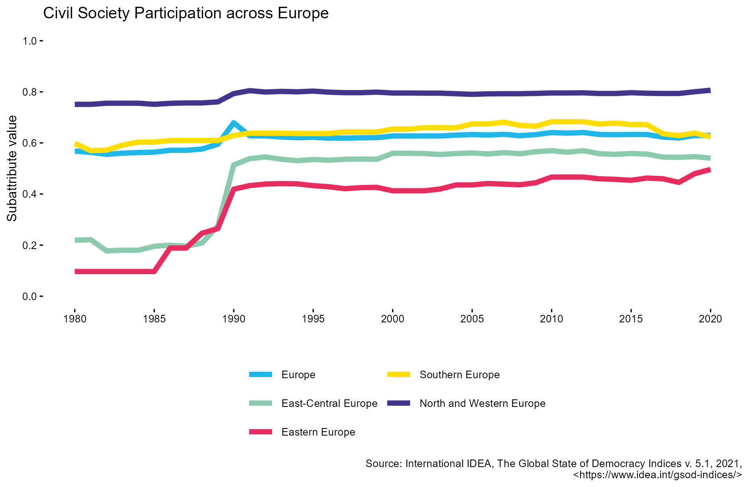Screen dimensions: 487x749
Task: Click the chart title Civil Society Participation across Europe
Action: pyautogui.click(x=186, y=13)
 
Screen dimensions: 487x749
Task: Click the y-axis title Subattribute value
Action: pyautogui.click(x=12, y=168)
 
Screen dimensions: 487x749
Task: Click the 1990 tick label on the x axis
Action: pyautogui.click(x=234, y=319)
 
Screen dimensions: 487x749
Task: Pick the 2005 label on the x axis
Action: pyautogui.click(x=472, y=319)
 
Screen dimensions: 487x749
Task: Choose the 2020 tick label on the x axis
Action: pyautogui.click(x=710, y=319)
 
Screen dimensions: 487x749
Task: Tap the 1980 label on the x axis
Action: pyautogui.click(x=75, y=319)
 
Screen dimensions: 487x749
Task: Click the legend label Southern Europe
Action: pyautogui.click(x=460, y=375)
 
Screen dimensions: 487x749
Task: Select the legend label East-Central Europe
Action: pyautogui.click(x=329, y=403)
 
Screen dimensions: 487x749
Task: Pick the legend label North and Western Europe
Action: pyautogui.click(x=482, y=403)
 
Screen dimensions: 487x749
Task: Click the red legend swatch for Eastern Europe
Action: pyautogui.click(x=260, y=432)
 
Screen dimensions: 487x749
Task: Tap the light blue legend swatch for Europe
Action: pyautogui.click(x=260, y=375)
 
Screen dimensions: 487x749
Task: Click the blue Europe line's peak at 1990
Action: pyautogui.click(x=234, y=123)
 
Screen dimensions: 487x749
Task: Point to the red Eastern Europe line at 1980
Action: pyautogui.click(x=76, y=272)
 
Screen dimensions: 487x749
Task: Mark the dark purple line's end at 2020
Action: pyautogui.click(x=710, y=90)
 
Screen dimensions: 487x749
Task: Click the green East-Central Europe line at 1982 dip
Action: pyautogui.click(x=107, y=251)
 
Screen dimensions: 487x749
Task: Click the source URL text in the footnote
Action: pyautogui.click(x=657, y=475)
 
